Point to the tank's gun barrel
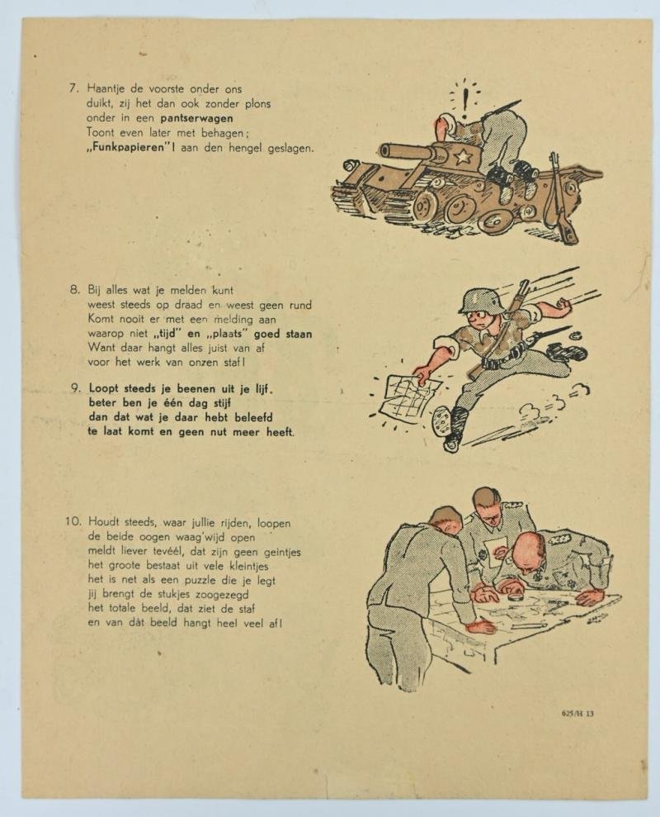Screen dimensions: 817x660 pyautogui.click(x=405, y=150)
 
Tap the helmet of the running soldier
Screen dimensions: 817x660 pyautogui.click(x=482, y=300)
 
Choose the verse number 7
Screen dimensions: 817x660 pyautogui.click(x=73, y=88)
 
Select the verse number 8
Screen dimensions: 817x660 pyautogui.click(x=73, y=290)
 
